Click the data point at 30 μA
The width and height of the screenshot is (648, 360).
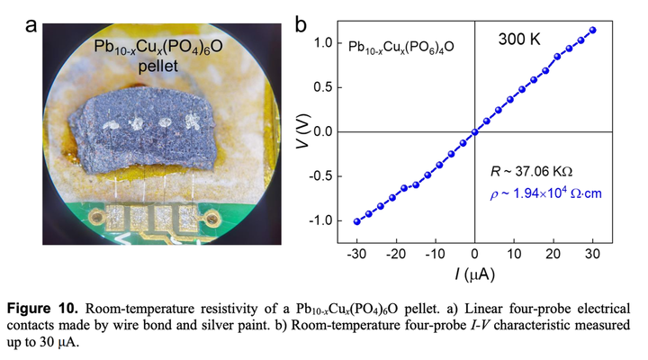592,30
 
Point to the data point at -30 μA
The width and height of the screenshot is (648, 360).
357,221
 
